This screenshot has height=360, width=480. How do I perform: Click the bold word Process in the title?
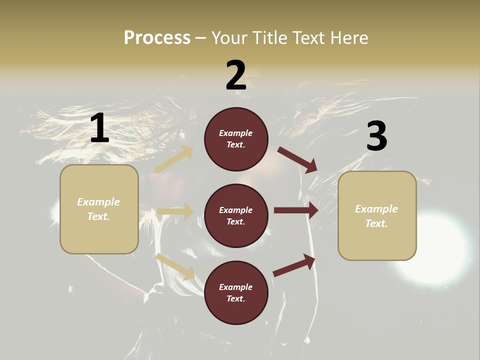tap(157, 38)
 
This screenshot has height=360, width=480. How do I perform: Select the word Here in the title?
tap(347, 38)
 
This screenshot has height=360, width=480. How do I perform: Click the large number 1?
tap(99, 128)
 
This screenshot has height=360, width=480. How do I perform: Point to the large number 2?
tap(236, 75)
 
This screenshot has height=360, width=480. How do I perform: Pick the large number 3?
tap(376, 136)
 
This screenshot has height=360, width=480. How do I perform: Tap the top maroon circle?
tap(236, 139)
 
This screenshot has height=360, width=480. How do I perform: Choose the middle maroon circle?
tap(236, 215)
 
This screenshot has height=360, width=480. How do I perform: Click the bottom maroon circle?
tap(236, 292)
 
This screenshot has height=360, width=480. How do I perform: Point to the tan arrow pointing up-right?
tap(173, 159)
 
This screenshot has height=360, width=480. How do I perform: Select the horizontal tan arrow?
tap(175, 211)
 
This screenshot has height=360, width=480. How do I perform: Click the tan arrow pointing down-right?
tap(175, 266)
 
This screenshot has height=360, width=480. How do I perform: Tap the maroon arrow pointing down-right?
tap(297, 159)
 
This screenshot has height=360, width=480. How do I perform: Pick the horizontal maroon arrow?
tap(296, 210)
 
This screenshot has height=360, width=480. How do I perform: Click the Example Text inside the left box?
tap(98, 209)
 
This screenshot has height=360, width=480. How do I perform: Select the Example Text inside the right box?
tap(376, 216)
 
